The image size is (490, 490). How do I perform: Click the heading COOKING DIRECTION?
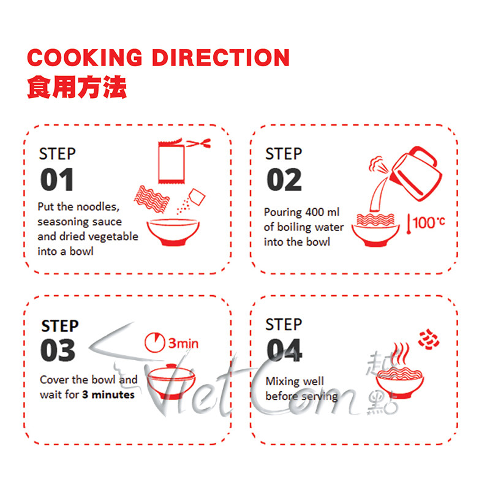tap(158, 58)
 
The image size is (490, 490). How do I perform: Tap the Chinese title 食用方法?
tap(77, 88)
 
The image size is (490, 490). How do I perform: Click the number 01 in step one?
tap(57, 180)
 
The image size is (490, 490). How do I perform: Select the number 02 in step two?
tap(284, 180)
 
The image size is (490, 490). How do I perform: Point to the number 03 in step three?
tap(58, 350)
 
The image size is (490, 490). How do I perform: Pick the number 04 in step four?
tap(284, 350)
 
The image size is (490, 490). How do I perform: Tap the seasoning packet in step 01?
tap(172, 162)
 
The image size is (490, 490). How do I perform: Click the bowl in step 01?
tap(172, 232)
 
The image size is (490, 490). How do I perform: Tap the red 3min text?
tap(183, 344)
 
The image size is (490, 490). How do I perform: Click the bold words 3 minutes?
tap(108, 395)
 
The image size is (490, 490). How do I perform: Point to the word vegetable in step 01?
tap(115, 236)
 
